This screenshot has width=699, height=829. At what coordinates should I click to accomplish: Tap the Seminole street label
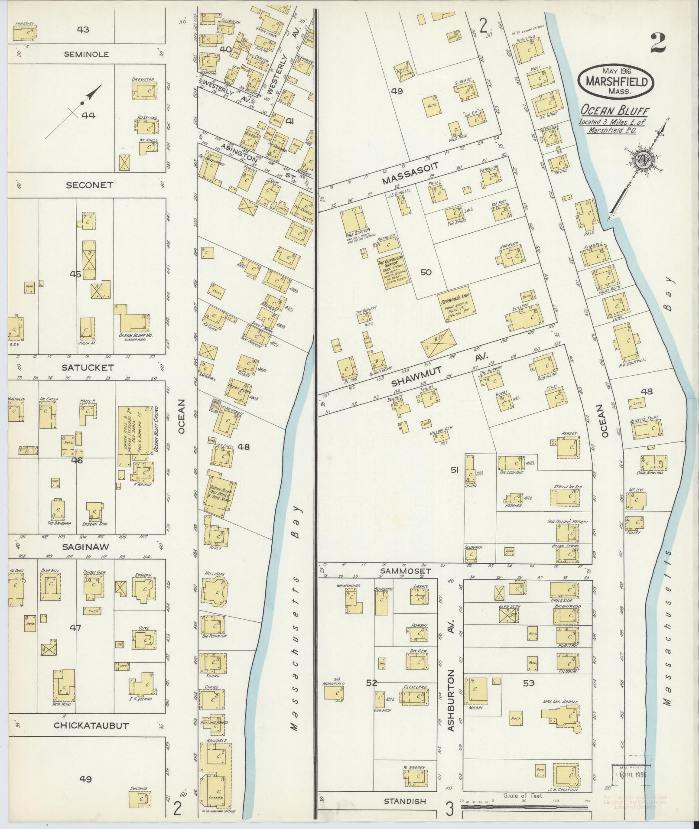pos(86,55)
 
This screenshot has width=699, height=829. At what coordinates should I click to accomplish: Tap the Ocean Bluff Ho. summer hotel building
pos(132,321)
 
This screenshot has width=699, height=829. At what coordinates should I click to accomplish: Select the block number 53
pos(528,683)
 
